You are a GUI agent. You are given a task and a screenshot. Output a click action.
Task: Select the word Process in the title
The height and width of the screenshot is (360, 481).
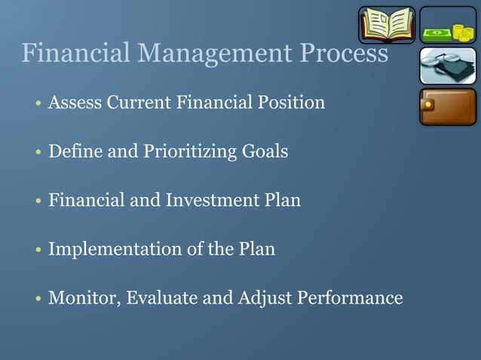[x=344, y=54]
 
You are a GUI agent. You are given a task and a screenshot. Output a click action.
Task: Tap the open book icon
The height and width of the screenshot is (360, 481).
[x=386, y=25]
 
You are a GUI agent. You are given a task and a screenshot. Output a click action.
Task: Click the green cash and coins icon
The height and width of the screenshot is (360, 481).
[x=447, y=25]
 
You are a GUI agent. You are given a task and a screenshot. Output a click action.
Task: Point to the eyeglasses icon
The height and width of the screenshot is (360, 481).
[x=447, y=66]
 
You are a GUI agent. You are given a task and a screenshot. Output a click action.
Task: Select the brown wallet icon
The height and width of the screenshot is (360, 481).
[x=447, y=107]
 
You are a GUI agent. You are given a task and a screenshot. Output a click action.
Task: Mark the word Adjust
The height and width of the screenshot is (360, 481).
[x=265, y=298]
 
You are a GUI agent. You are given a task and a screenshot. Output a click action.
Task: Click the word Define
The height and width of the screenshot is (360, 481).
[x=71, y=151]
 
